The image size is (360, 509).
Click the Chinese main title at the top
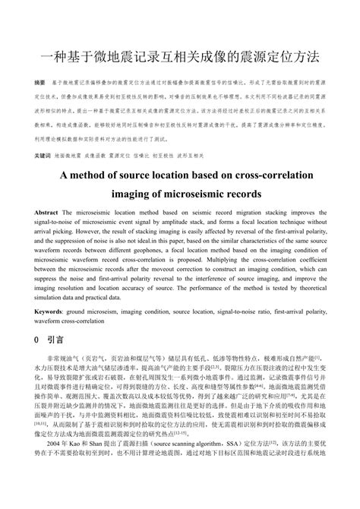pyautogui.click(x=180, y=58)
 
